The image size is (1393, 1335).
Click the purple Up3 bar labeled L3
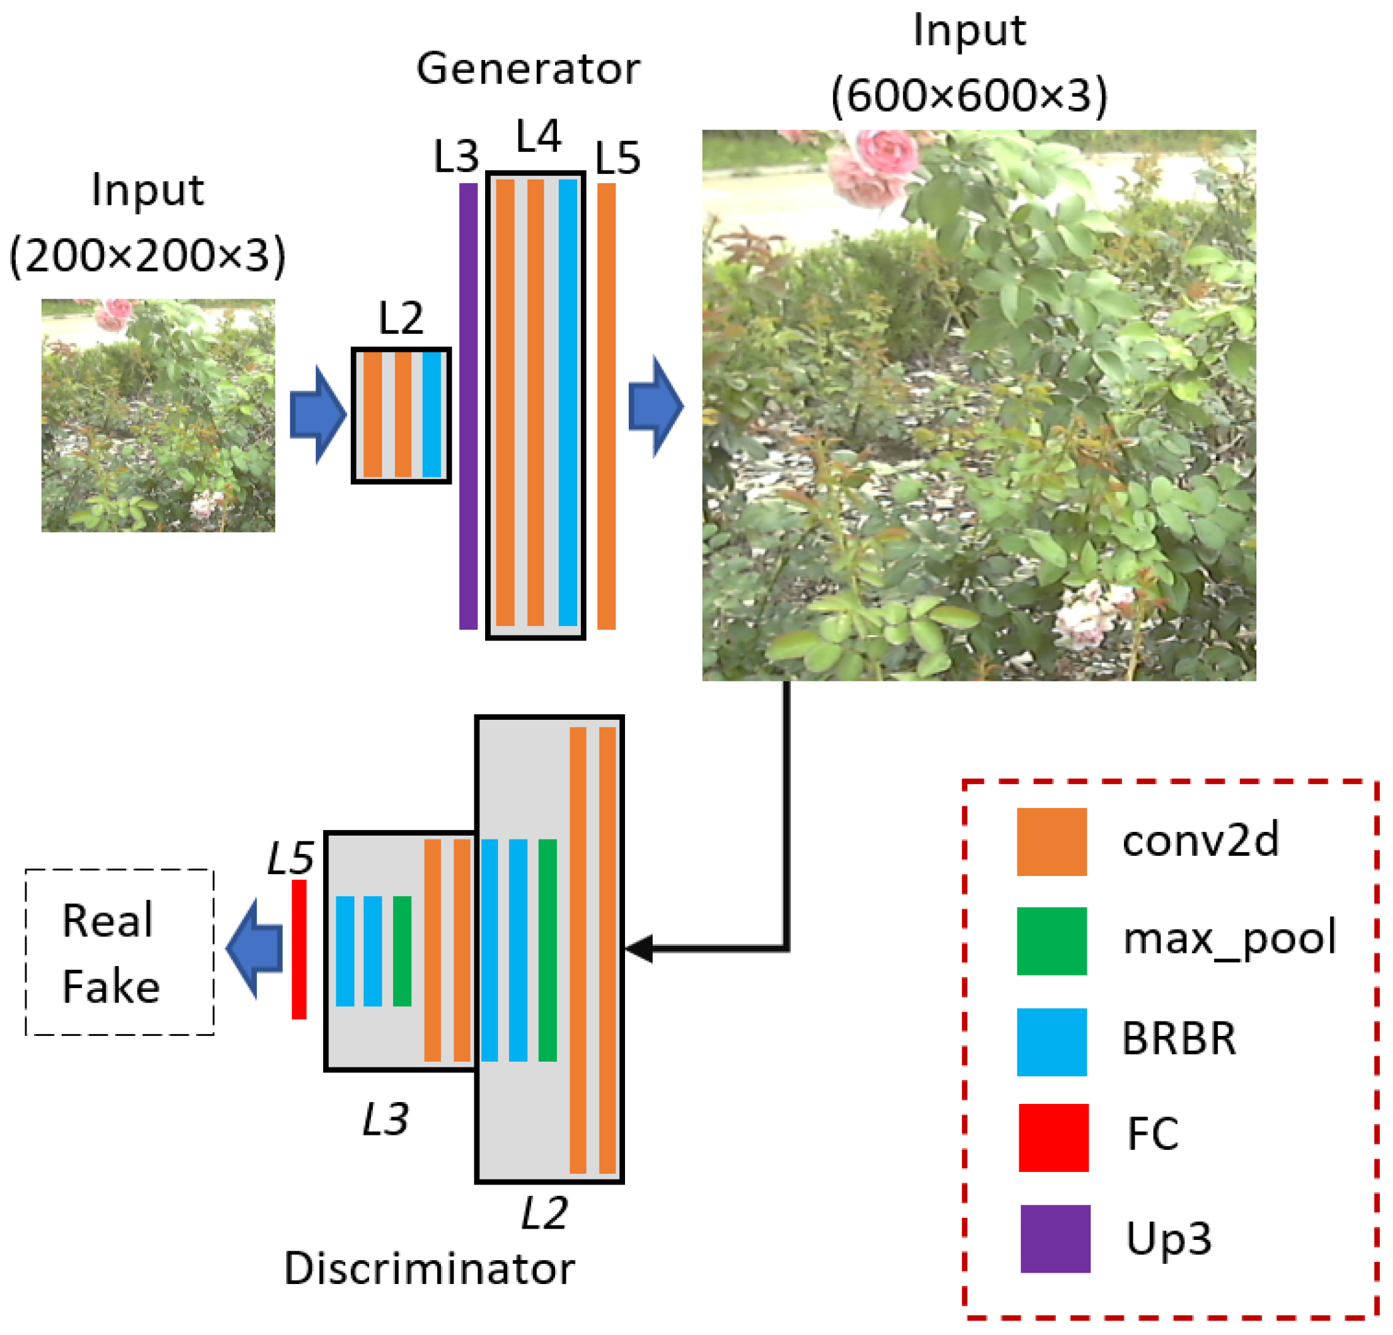(467, 406)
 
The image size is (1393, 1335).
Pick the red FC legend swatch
(1053, 1137)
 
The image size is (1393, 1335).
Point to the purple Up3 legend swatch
(1055, 1239)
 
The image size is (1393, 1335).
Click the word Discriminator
(429, 1269)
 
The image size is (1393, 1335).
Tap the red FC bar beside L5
(299, 950)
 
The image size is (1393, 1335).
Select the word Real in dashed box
(107, 921)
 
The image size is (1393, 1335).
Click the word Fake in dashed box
(111, 987)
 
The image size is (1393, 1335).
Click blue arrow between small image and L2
(318, 415)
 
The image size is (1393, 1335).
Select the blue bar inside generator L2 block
(432, 415)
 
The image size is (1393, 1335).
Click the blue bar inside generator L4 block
(567, 402)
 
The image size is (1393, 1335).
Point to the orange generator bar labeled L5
(605, 406)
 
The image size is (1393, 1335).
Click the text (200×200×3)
(148, 255)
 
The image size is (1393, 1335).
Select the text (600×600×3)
(969, 95)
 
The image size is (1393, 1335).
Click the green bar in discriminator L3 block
(402, 951)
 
